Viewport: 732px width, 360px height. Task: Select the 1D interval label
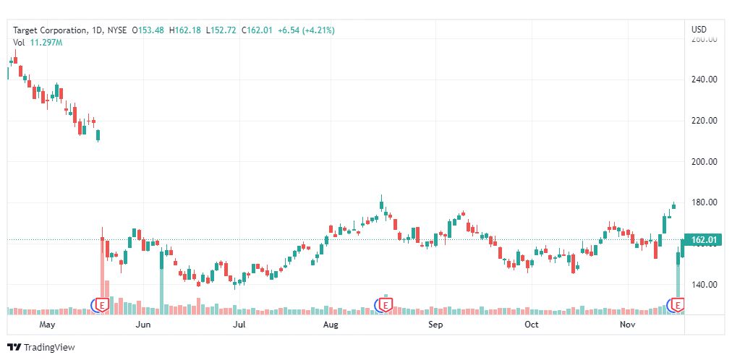(98, 30)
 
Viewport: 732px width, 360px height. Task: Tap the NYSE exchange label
(117, 30)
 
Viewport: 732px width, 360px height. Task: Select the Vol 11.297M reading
(38, 43)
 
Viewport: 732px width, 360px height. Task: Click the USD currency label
(699, 30)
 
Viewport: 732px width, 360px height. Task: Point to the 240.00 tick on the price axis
(704, 80)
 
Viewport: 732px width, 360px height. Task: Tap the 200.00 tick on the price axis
(704, 162)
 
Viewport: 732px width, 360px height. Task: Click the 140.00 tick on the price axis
(704, 285)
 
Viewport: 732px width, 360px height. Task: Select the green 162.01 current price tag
(702, 240)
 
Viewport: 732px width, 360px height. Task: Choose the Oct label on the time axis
(532, 325)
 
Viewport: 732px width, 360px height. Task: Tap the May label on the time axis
(48, 325)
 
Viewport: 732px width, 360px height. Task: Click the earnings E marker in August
(386, 306)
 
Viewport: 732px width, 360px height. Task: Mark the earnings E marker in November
(678, 306)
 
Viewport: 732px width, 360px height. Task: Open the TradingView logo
(41, 348)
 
